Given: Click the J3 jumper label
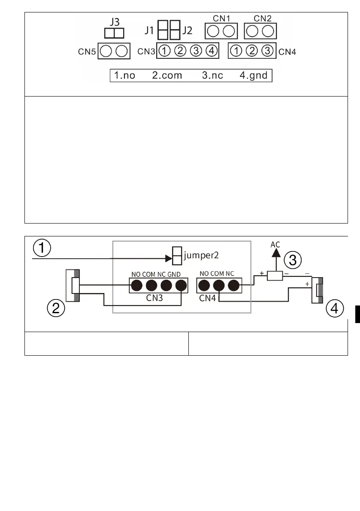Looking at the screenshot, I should click(x=114, y=21).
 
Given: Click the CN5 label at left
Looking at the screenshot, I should click(x=86, y=51).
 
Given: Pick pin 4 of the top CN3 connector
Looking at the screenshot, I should click(x=211, y=51).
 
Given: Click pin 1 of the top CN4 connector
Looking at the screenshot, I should click(x=236, y=51).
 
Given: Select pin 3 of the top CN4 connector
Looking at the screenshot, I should click(x=267, y=51).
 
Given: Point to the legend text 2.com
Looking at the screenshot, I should click(x=167, y=76).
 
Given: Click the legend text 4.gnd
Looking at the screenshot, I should click(x=254, y=76).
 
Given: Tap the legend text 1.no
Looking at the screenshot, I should click(x=124, y=76).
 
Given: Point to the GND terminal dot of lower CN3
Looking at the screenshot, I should click(x=182, y=285).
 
